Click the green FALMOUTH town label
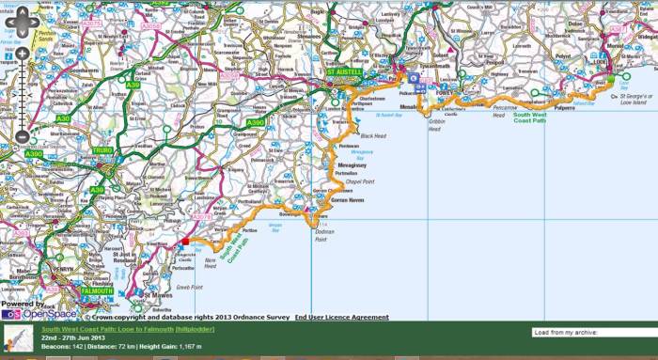coord(97,291)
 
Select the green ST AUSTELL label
coord(344,72)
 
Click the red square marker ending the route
coord(185,242)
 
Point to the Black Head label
coord(373,136)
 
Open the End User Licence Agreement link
coord(341,318)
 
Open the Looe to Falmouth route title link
coord(128,330)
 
